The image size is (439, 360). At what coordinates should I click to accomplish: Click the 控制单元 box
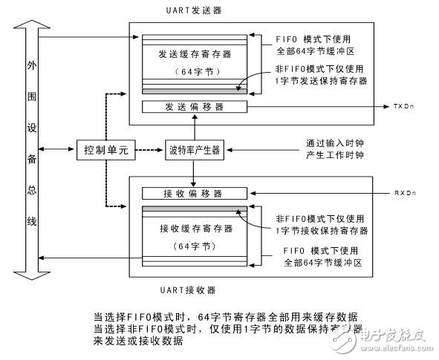(103, 150)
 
